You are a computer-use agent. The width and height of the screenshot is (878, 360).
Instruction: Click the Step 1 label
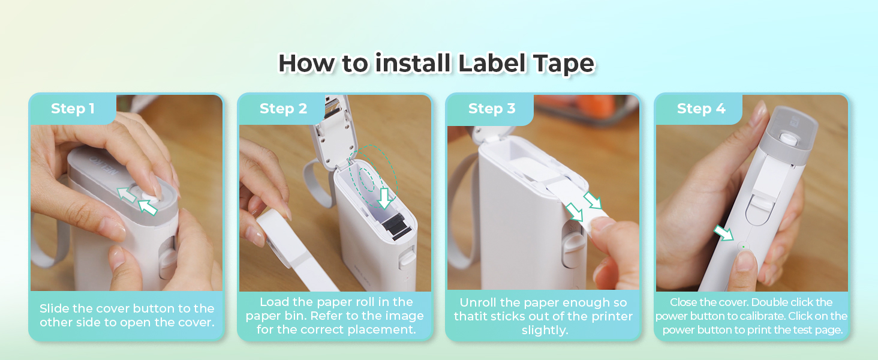(x=73, y=109)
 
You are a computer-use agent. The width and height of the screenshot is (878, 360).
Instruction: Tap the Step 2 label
(x=283, y=109)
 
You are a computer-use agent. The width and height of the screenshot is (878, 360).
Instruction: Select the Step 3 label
(x=492, y=109)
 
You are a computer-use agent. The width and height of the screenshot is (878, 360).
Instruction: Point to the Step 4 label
(x=701, y=109)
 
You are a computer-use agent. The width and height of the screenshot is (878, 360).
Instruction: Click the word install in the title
(x=412, y=64)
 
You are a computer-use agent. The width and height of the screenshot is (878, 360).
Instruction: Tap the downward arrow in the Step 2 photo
(x=384, y=197)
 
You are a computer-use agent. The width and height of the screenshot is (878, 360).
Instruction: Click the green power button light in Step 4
(x=743, y=247)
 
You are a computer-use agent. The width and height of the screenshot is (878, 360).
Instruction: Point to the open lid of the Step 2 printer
(x=329, y=129)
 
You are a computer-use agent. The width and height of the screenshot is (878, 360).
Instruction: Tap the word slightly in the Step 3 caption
(x=545, y=331)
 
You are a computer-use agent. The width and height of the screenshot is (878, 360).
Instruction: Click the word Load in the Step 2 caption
(x=273, y=302)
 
